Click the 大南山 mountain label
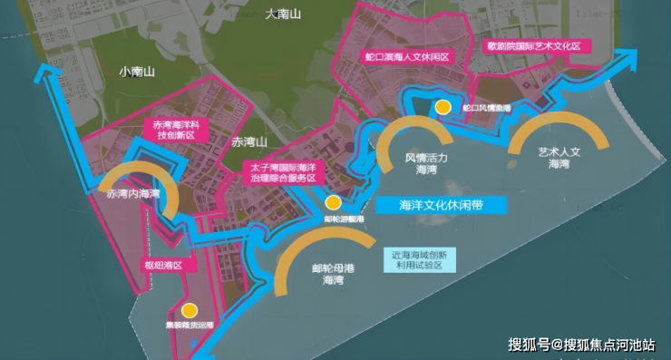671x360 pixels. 282,15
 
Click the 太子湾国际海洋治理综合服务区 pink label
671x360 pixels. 281,172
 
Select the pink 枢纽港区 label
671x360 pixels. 163,266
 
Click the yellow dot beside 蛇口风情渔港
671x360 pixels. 442,107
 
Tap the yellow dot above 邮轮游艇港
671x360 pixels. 334,202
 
